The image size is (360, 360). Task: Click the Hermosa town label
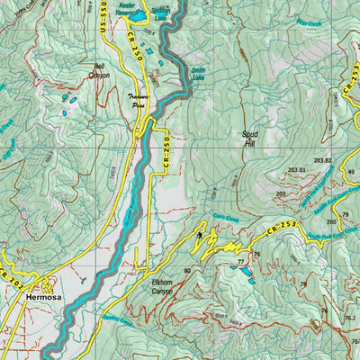43,295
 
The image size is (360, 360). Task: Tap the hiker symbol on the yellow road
199,237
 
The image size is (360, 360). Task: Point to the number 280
331,221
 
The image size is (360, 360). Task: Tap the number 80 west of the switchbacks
187,270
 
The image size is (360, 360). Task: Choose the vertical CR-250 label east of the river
166,151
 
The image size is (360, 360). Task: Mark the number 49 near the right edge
351,172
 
